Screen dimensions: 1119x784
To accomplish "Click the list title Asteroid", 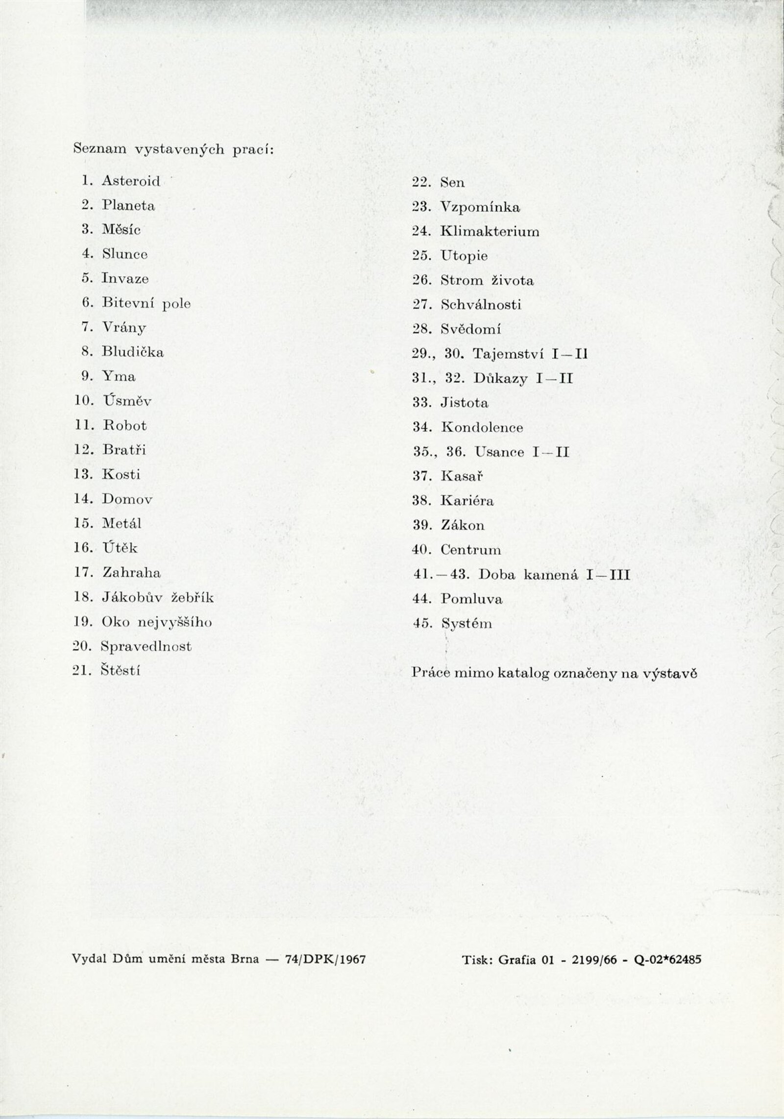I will (131, 181).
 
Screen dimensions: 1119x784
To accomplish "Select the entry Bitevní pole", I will (146, 303).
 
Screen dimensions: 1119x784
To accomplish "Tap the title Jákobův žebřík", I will (158, 598).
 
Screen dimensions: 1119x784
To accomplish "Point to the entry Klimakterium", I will (490, 231).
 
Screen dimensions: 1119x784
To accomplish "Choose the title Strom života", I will (487, 281).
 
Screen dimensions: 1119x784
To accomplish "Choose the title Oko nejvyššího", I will (157, 622).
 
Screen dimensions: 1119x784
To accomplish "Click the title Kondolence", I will (482, 427).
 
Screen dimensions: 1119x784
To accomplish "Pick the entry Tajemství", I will (506, 354).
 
